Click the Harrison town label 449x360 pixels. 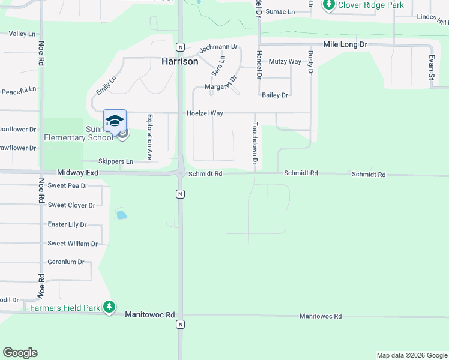180,61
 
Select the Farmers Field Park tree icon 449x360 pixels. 109,307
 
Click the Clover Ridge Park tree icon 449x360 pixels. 329,5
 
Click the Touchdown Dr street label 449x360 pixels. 255,144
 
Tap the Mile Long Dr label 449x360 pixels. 345,45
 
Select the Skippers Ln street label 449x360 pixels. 116,161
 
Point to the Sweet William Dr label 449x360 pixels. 73,244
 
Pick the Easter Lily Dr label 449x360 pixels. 67,224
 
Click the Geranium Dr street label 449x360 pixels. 65,262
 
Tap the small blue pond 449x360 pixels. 122,215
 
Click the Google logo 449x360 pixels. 20,353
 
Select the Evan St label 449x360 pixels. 431,67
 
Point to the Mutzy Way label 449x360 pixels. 285,62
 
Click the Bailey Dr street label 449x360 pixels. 275,95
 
